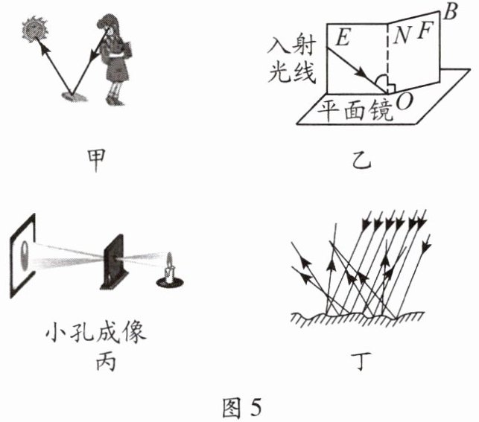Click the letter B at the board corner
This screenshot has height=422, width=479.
[x=450, y=11]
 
